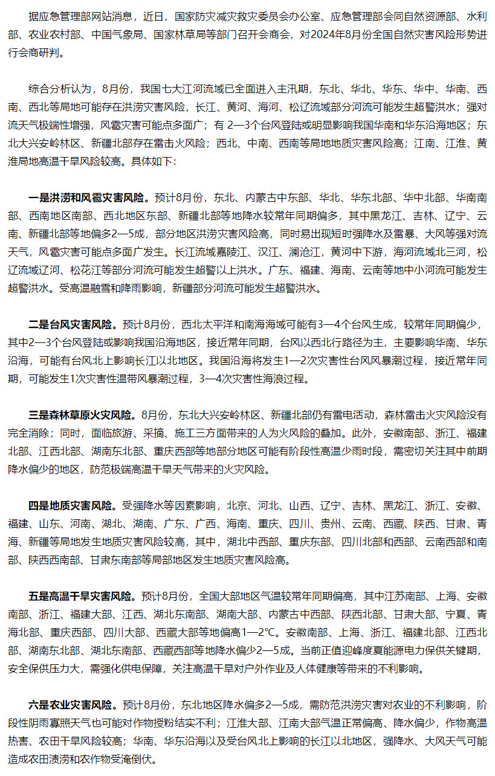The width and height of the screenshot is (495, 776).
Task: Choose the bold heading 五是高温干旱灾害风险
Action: [x=82, y=596]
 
